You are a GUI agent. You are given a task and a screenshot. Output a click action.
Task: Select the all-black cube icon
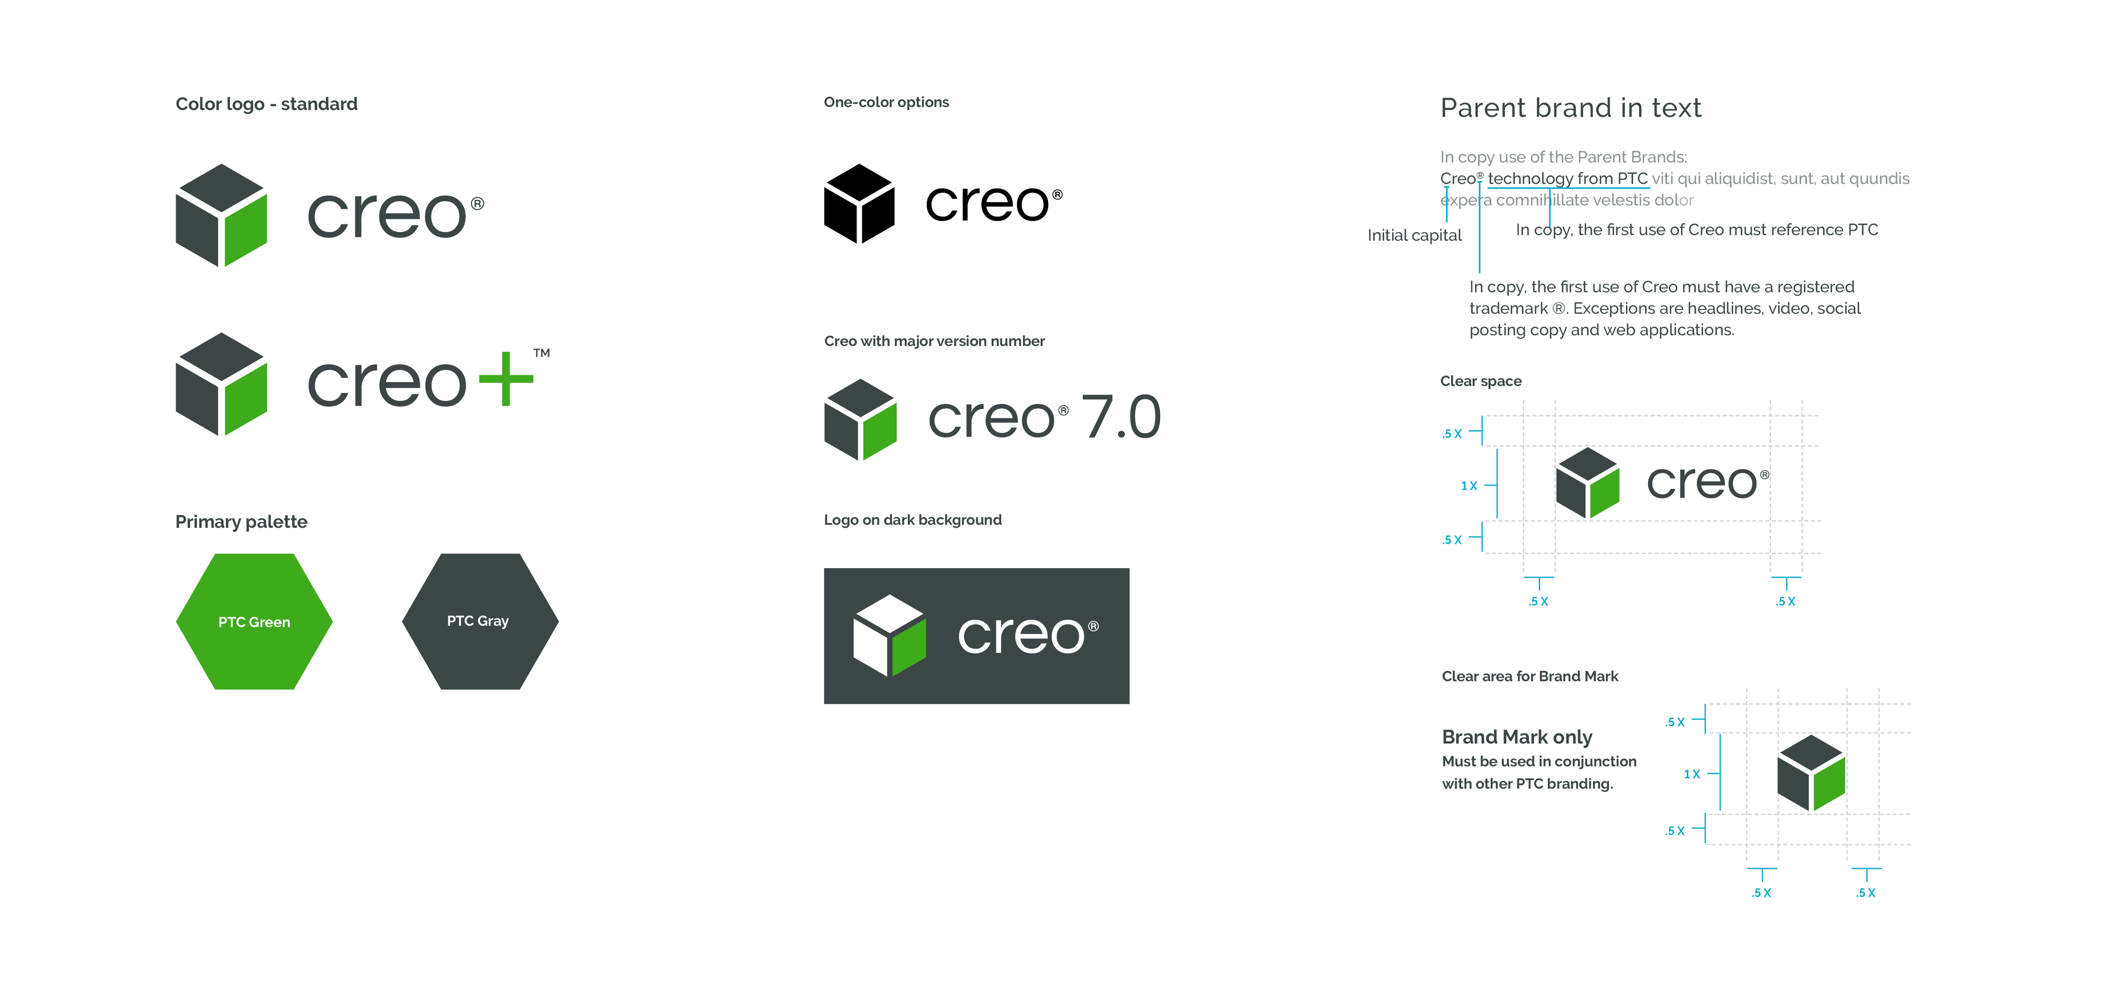coord(859,204)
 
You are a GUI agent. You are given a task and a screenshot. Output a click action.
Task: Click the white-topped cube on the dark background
coord(889,635)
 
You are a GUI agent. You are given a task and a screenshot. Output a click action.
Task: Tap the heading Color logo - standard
coord(266,104)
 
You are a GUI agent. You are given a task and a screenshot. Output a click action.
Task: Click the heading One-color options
coord(886,102)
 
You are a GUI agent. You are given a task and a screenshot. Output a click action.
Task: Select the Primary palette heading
coord(241,522)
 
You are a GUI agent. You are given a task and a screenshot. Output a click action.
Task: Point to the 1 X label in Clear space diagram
coord(1468,486)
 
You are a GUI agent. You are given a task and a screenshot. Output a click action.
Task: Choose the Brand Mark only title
coord(1516,737)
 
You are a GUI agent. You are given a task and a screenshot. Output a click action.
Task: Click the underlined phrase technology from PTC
coord(1567,178)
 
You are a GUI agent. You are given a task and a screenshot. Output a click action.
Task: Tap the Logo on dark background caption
coord(912,520)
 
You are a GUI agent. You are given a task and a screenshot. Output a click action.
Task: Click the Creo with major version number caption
coord(934,341)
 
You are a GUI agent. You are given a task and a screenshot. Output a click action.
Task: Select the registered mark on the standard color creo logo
coord(478,204)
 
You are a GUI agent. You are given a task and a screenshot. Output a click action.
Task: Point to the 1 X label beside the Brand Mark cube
coord(1691,774)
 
